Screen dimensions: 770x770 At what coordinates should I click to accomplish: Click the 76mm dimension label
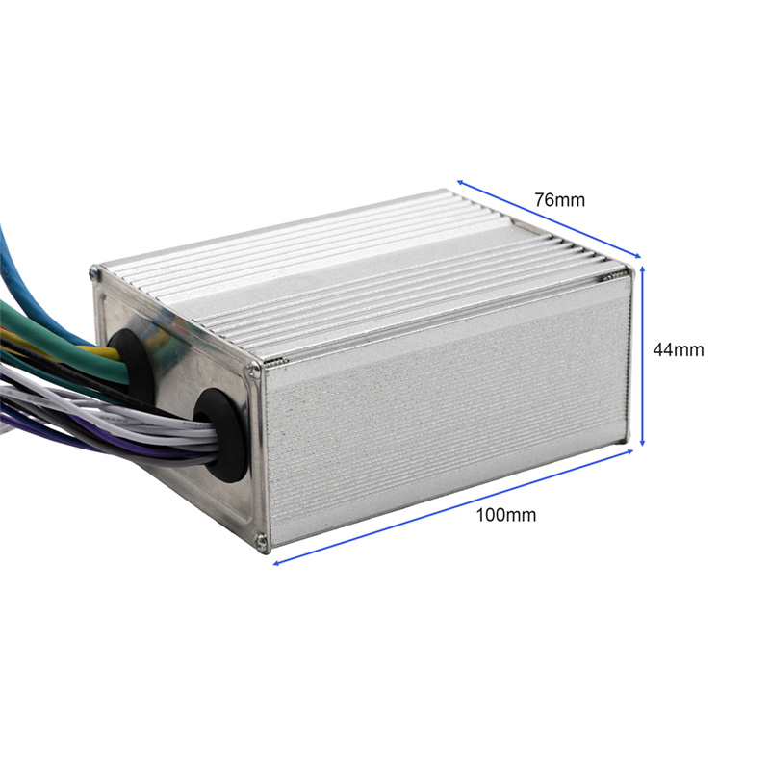[x=560, y=200]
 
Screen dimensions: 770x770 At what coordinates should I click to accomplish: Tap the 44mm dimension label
[x=678, y=350]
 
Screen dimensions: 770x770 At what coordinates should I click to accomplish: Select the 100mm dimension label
[x=505, y=515]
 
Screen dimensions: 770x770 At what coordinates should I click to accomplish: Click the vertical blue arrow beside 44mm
[x=643, y=356]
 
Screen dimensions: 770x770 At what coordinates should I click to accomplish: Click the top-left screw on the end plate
[x=94, y=274]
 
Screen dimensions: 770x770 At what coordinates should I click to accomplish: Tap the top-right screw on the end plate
[x=254, y=367]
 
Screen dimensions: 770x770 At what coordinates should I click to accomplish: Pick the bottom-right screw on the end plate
[x=262, y=545]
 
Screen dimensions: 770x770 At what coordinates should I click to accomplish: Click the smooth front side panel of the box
[x=443, y=423]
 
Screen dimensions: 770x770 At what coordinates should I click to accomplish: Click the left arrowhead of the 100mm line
[x=278, y=562]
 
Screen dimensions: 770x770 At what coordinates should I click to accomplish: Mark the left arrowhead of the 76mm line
[x=461, y=182]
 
